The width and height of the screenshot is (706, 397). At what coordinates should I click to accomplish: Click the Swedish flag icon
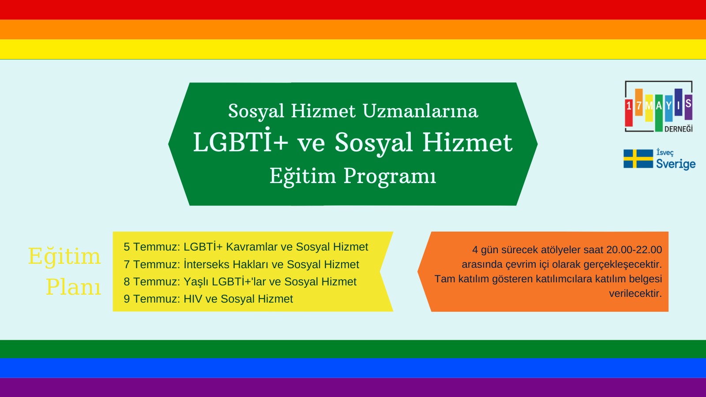point(638,159)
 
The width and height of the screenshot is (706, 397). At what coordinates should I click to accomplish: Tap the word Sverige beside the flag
point(676,164)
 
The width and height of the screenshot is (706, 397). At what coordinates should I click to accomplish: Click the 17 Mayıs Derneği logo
point(658,106)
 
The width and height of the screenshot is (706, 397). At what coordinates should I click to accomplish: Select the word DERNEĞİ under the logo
point(678,128)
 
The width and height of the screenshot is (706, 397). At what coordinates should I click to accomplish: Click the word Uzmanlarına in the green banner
point(421,111)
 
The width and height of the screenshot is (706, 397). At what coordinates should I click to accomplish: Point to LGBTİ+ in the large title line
point(240,142)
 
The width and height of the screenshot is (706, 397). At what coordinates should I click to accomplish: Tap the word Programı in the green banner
point(390,176)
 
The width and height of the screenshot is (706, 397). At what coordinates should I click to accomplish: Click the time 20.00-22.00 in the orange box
point(634,250)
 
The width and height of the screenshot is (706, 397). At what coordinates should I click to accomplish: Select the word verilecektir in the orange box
point(635,293)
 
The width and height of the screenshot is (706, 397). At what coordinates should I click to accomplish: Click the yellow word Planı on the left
point(73,287)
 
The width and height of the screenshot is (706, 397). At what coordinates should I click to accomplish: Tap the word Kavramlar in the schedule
point(252,247)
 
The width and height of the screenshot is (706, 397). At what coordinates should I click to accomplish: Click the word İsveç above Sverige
point(665,153)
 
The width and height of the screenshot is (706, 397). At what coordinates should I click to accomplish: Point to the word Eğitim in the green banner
point(303,176)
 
